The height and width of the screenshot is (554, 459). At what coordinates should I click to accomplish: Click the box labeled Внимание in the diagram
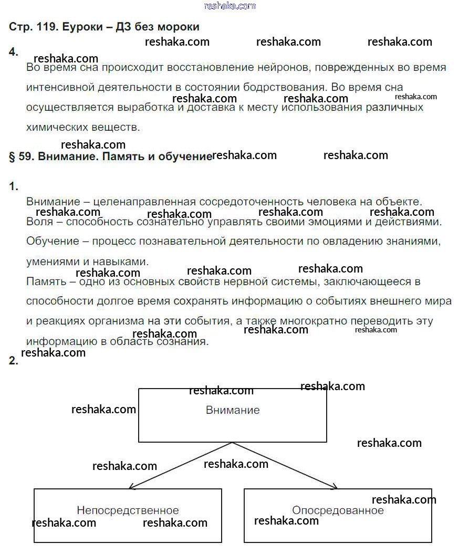click(233, 415)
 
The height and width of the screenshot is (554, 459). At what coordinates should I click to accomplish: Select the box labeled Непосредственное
click(128, 515)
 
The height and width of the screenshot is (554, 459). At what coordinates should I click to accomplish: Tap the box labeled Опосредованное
click(338, 515)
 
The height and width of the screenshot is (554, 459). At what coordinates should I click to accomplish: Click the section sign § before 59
click(12, 156)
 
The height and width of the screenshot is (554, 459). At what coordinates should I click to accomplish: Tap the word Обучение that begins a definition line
click(48, 242)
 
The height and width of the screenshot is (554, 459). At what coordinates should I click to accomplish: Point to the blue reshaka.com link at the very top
click(229, 6)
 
